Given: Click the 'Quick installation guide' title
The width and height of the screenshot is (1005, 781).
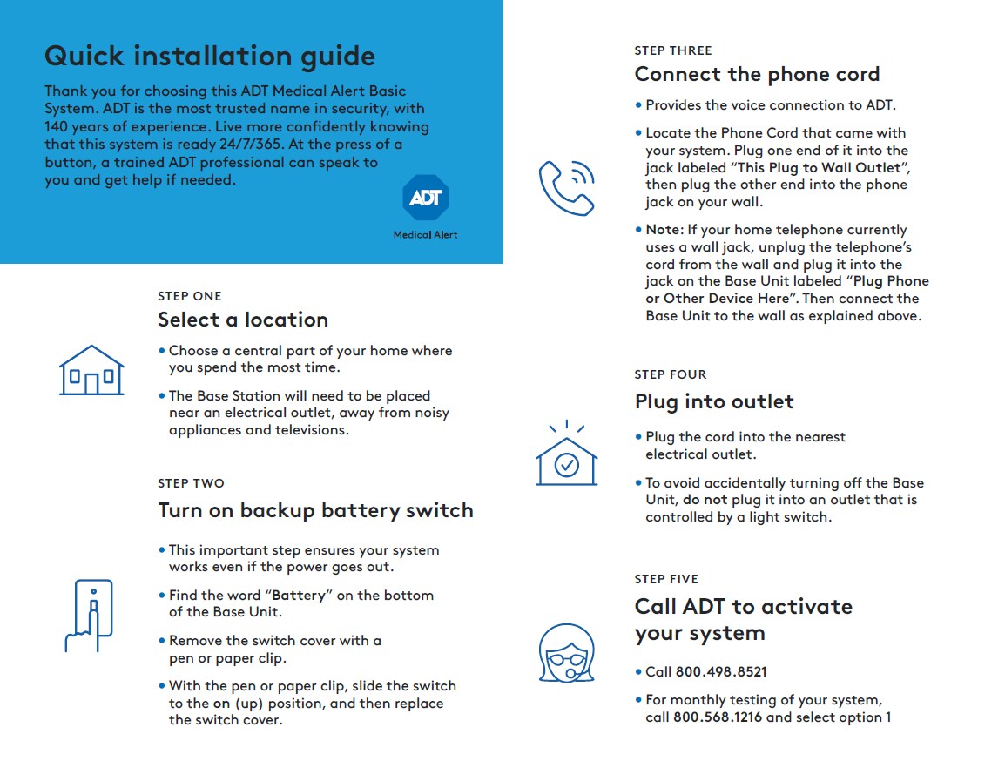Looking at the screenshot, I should [x=209, y=57].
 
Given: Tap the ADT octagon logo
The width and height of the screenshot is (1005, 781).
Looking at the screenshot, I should [x=425, y=199].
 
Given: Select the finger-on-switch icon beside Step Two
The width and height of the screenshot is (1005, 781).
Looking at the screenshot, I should [x=90, y=616].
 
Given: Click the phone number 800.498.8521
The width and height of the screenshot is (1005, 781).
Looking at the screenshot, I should [x=721, y=672].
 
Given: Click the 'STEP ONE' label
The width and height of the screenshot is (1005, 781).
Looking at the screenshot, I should [x=190, y=296].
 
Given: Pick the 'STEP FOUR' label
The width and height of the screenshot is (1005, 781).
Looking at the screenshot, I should [x=671, y=374].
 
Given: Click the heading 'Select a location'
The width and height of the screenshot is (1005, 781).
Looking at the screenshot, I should [x=243, y=320].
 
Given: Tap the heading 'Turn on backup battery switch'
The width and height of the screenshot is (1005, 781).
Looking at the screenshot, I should [x=315, y=510].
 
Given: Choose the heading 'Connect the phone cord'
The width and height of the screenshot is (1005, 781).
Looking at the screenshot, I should [x=757, y=74].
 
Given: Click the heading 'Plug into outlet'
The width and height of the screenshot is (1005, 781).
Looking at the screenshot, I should [x=714, y=401].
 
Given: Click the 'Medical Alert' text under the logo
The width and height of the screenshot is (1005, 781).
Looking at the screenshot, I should [x=425, y=235].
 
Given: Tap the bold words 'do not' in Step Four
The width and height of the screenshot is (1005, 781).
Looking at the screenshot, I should [x=704, y=500].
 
